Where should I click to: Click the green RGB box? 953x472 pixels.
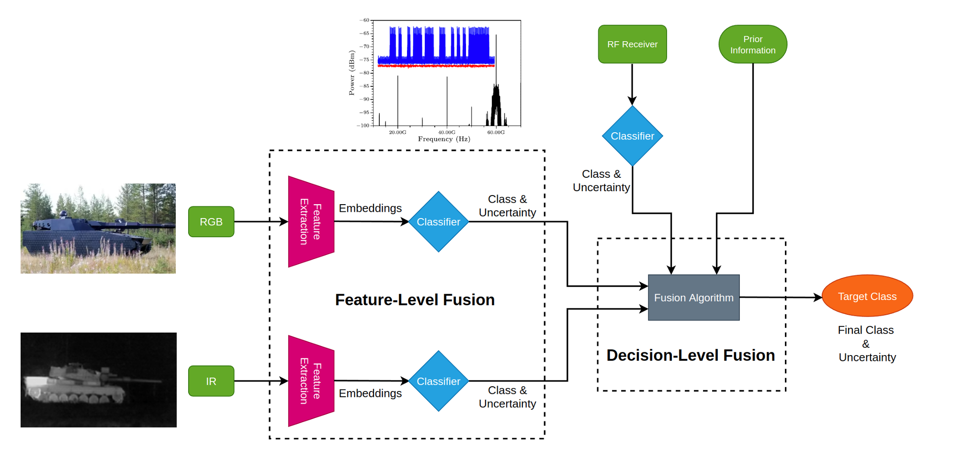pyautogui.click(x=211, y=222)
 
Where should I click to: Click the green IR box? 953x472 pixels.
pyautogui.click(x=211, y=381)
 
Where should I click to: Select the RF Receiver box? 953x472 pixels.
pyautogui.click(x=632, y=44)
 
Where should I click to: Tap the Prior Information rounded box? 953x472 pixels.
pyautogui.click(x=752, y=45)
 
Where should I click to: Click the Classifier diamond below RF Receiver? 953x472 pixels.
pyautogui.click(x=632, y=136)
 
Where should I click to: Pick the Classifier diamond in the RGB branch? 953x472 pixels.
pyautogui.click(x=438, y=222)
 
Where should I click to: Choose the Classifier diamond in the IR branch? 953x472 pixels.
pyautogui.click(x=438, y=381)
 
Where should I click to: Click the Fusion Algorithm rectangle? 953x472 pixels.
pyautogui.click(x=693, y=298)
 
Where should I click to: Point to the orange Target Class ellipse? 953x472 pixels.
pyautogui.click(x=867, y=296)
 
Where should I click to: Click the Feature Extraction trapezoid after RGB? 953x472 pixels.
pyautogui.click(x=310, y=222)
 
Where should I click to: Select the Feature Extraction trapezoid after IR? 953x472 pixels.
pyautogui.click(x=310, y=381)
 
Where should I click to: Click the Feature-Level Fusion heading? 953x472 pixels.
pyautogui.click(x=415, y=300)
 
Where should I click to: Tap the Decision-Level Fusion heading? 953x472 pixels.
pyautogui.click(x=691, y=356)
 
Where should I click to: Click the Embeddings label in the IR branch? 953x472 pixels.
pyautogui.click(x=370, y=393)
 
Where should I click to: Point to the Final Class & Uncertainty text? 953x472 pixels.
pyautogui.click(x=866, y=344)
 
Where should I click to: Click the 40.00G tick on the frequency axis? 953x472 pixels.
pyautogui.click(x=447, y=132)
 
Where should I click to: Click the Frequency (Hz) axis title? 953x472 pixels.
pyautogui.click(x=444, y=139)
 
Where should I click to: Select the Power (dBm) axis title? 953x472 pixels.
pyautogui.click(x=352, y=73)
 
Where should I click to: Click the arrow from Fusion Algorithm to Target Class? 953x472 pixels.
pyautogui.click(x=781, y=298)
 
